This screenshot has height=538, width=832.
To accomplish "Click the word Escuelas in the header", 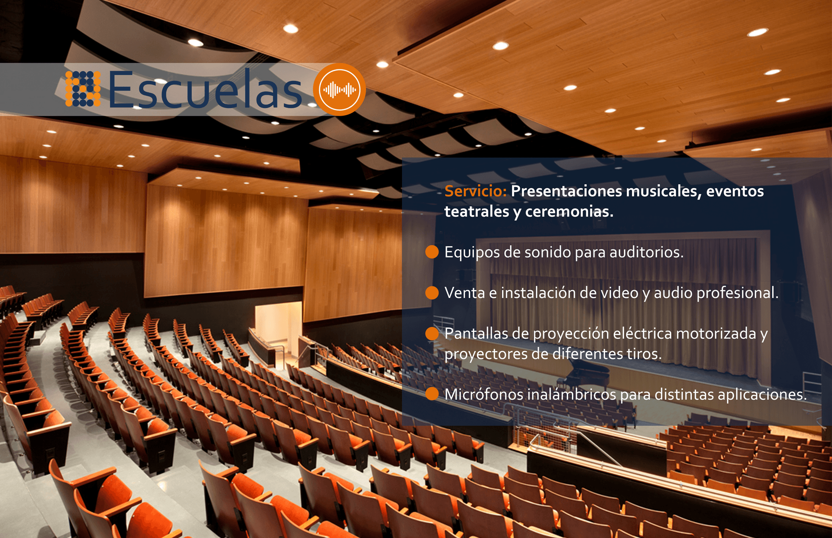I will click(205, 90).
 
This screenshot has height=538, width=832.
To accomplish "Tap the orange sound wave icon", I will click(339, 89).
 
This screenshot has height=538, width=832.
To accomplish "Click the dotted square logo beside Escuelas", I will click(83, 89).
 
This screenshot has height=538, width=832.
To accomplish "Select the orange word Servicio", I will click(475, 191).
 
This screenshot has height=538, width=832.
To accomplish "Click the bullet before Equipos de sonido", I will click(432, 252).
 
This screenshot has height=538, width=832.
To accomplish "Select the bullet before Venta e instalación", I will click(432, 293).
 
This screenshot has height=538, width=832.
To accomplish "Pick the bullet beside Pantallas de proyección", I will click(432, 333).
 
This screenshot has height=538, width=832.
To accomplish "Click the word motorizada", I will click(716, 333).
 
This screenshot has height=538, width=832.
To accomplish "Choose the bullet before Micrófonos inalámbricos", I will click(432, 394).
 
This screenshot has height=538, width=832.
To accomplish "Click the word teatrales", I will click(477, 211).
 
